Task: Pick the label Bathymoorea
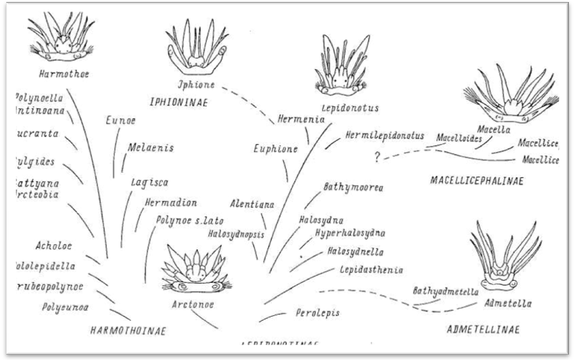(353, 187)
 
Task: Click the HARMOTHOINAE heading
(128, 330)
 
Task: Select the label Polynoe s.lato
(190, 220)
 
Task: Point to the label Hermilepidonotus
(384, 136)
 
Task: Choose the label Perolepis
(317, 313)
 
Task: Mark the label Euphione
(275, 149)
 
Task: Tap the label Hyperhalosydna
(351, 233)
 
